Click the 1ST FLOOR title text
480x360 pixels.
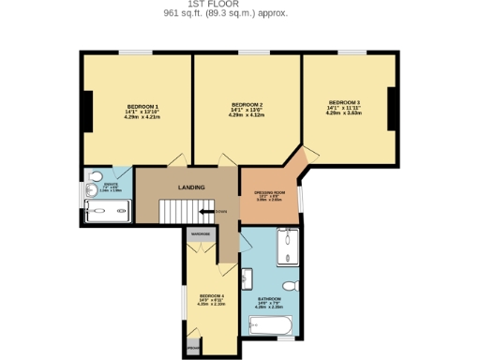[x=226, y=4]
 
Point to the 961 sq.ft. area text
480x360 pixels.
[x=226, y=14]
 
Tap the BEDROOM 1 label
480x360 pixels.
[x=142, y=107]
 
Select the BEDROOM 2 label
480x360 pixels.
[x=247, y=104]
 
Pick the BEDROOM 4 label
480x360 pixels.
[x=210, y=295]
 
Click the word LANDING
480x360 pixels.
[x=191, y=187]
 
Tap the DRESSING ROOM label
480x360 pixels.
[x=268, y=192]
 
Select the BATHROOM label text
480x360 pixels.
[x=270, y=299]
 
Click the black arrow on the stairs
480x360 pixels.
[x=213, y=213]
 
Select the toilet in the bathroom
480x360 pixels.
[x=292, y=284]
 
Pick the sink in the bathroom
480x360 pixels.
[x=247, y=277]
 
